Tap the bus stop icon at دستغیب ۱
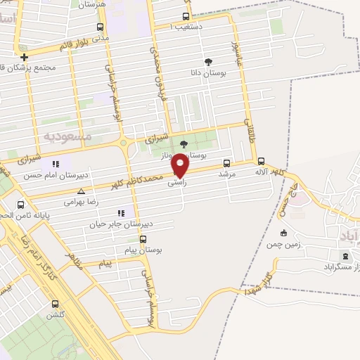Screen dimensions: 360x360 (x=186, y=17)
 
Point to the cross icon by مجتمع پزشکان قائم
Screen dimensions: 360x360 (x=25, y=57)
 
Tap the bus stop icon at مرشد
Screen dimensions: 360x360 (x=226, y=162)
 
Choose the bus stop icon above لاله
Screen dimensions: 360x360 (x=262, y=161)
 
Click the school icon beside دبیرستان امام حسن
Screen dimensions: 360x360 (x=54, y=165)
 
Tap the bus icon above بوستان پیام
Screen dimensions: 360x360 (x=143, y=238)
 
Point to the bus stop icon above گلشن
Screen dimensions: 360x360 (x=55, y=304)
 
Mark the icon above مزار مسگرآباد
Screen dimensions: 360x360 (x=344, y=257)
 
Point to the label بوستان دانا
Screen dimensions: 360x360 (x=206, y=72)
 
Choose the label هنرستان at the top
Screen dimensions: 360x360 (x=93, y=4)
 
